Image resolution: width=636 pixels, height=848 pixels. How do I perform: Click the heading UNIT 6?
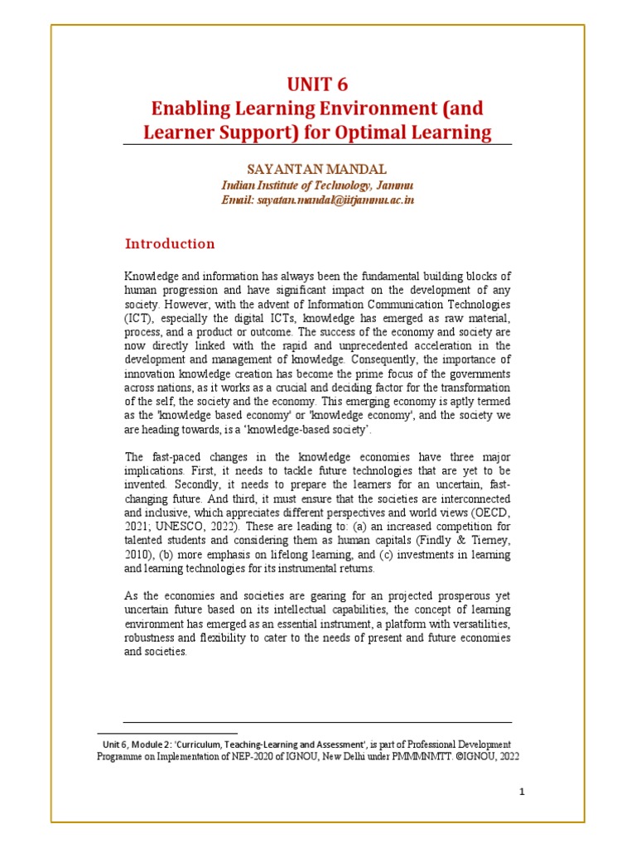[317, 84]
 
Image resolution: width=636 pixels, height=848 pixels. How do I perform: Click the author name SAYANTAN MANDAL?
[317, 169]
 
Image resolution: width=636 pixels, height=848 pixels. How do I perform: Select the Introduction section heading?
[170, 243]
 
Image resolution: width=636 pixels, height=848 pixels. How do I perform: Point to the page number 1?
[523, 792]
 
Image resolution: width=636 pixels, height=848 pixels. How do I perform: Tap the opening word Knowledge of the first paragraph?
[153, 275]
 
